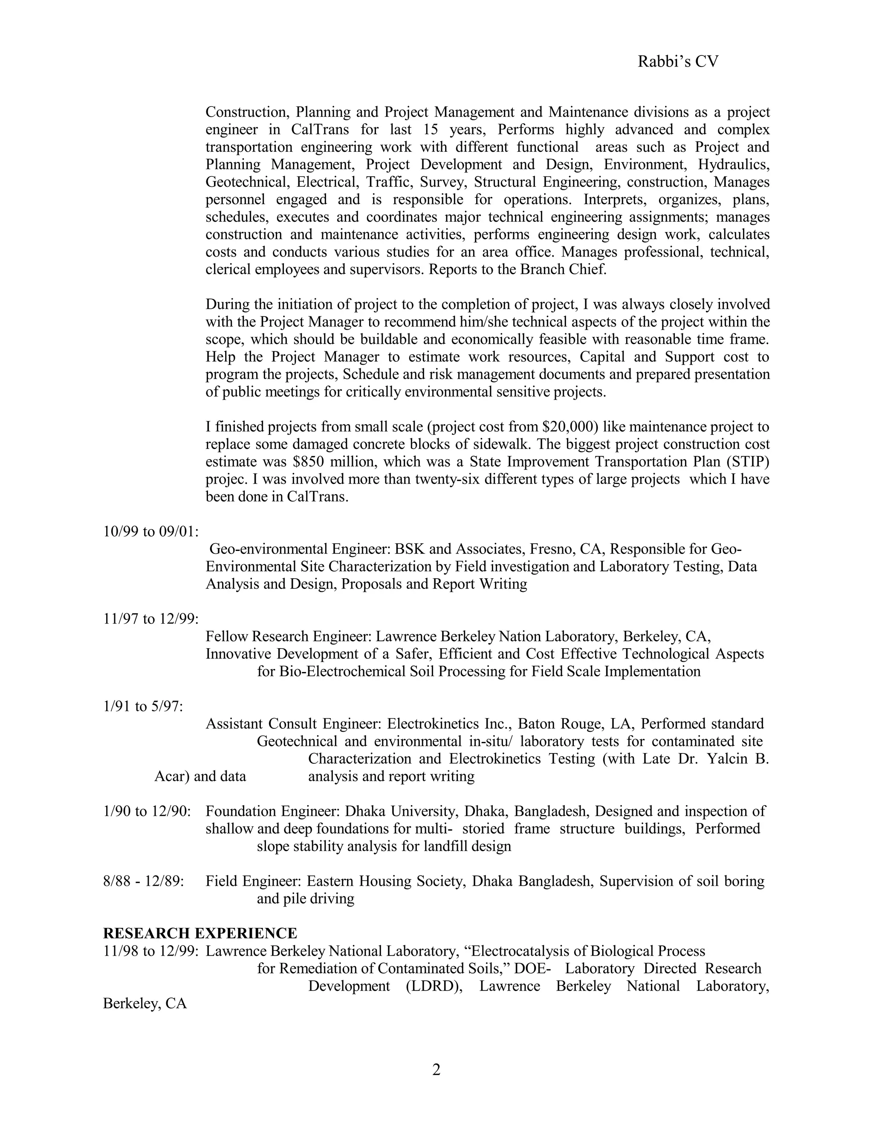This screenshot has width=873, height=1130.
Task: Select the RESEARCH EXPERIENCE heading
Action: [200, 933]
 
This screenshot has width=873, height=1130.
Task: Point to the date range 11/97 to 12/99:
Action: [151, 619]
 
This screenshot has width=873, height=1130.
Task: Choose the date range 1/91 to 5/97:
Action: [143, 706]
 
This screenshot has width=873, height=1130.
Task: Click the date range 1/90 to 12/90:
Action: [147, 811]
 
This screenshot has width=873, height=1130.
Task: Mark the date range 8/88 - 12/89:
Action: [144, 881]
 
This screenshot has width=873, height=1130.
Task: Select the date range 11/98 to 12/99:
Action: [151, 951]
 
